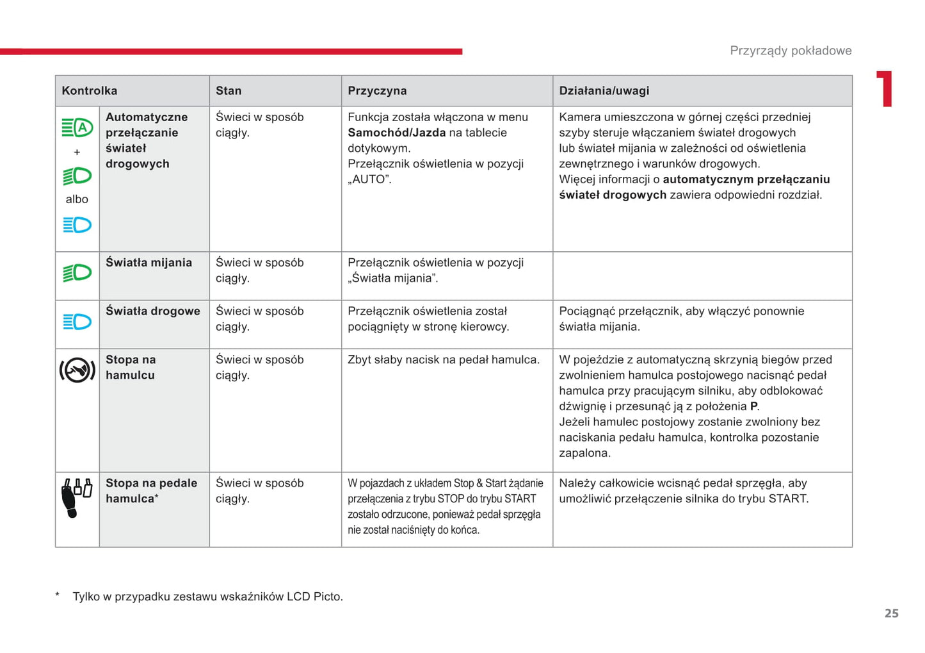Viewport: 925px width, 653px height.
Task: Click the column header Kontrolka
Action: tap(89, 91)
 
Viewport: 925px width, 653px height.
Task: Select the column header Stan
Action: tap(229, 91)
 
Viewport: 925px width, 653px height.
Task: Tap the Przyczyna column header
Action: tap(377, 91)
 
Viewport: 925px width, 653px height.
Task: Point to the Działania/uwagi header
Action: tap(604, 91)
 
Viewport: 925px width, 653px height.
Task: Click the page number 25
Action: tap(891, 613)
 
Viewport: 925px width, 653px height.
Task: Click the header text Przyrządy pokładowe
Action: tap(791, 51)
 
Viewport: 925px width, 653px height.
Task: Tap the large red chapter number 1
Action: tap(885, 89)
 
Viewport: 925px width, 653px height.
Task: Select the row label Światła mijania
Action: tap(149, 263)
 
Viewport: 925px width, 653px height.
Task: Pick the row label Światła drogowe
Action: tap(152, 311)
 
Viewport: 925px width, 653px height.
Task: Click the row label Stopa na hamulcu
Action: tap(131, 368)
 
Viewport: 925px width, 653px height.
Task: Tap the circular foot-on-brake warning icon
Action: tap(77, 370)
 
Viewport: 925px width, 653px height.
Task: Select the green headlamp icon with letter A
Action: tap(77, 128)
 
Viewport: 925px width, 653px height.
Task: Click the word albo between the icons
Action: tap(77, 199)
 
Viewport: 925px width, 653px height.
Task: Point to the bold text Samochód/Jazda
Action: tap(397, 133)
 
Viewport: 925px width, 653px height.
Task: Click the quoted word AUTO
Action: tap(369, 179)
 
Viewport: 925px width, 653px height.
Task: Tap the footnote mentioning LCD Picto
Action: tap(207, 597)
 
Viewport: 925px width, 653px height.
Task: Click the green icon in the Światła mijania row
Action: tap(77, 273)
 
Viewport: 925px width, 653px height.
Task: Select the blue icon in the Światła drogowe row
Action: tap(77, 322)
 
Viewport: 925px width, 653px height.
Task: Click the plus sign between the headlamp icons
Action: tap(77, 153)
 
